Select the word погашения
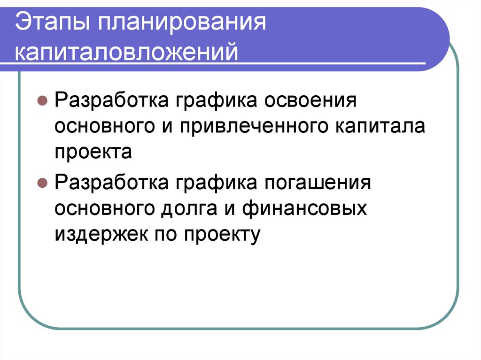coord(326,182)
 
